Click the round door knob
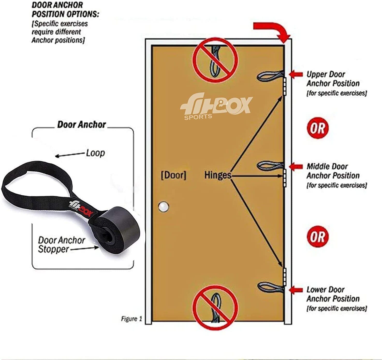coord(164,207)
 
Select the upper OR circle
coord(317,128)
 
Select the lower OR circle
coord(317,237)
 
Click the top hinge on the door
coord(284,86)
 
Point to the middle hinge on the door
coord(284,178)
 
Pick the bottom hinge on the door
coord(284,276)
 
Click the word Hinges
coord(218,175)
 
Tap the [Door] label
coord(173,175)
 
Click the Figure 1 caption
coord(131,319)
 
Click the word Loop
coord(95,153)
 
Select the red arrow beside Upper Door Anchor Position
coord(296,74)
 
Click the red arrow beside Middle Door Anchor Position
coord(296,166)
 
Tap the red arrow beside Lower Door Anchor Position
coord(296,290)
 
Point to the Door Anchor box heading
coord(82,124)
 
